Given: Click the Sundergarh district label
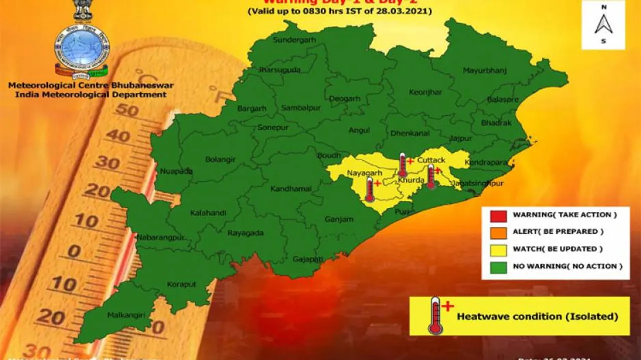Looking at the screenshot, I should [294, 41].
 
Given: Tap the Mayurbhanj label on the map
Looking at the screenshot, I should [484, 71].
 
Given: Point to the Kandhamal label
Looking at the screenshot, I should [291, 189].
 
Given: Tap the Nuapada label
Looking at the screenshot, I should [176, 171].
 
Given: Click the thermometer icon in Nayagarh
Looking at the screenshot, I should [370, 189].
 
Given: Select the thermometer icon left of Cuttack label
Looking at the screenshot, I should [403, 165].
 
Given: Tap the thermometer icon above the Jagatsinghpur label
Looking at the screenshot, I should [431, 176].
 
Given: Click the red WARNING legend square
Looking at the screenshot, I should [498, 215].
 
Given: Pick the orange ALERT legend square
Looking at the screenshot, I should [498, 232].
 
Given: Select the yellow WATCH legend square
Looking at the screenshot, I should [498, 249].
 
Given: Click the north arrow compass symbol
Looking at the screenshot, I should [603, 24].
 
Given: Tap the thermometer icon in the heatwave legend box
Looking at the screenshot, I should [435, 315].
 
